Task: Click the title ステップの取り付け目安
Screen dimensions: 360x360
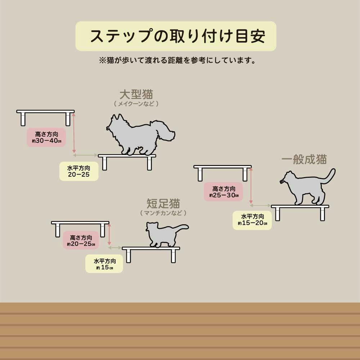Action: pos(178,36)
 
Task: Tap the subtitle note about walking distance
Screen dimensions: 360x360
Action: pos(177,60)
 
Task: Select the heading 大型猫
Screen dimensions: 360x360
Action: pos(136,94)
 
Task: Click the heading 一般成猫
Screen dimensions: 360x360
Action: pos(304,159)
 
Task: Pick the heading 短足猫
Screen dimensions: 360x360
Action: pos(163,203)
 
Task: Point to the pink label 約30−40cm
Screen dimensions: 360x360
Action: pos(46,137)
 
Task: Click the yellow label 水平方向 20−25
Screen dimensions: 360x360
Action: pos(79,171)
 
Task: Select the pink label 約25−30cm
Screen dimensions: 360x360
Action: pos(224,192)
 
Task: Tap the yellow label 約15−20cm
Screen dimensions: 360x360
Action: pos(252,220)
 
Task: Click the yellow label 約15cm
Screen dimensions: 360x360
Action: pos(104,264)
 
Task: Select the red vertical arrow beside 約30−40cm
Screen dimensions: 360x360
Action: pos(74,132)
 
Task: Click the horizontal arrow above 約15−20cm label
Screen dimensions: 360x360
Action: pos(260,205)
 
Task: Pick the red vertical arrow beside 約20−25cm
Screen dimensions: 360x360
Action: pos(109,234)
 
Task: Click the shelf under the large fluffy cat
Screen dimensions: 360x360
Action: pos(127,156)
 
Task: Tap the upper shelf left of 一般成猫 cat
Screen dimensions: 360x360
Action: pos(222,167)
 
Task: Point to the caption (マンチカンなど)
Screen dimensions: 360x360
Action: pos(163,213)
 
